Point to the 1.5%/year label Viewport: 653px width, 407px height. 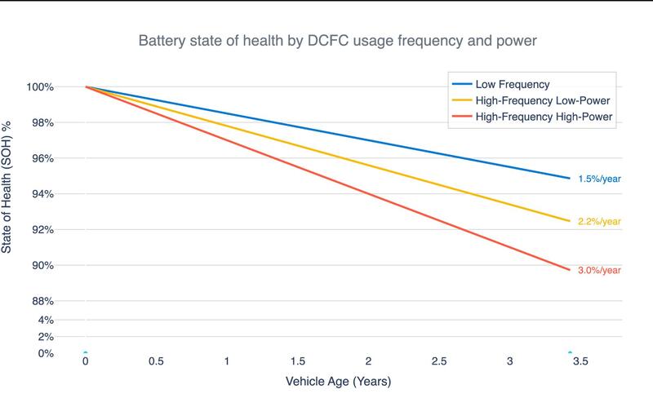point(600,178)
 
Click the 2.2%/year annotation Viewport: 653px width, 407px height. point(600,221)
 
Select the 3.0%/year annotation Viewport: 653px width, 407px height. point(600,270)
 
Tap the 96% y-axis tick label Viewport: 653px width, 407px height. point(43,158)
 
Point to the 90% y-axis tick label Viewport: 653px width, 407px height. point(43,265)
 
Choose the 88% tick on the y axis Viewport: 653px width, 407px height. point(43,301)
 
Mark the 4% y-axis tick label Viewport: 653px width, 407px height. point(46,319)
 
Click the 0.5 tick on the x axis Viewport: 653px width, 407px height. point(156,361)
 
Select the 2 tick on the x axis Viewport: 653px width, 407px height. point(369,361)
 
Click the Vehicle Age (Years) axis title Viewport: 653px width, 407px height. point(340,381)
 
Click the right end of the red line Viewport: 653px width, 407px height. point(569,269)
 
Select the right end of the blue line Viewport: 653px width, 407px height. point(569,178)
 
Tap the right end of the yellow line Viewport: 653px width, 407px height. point(569,221)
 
